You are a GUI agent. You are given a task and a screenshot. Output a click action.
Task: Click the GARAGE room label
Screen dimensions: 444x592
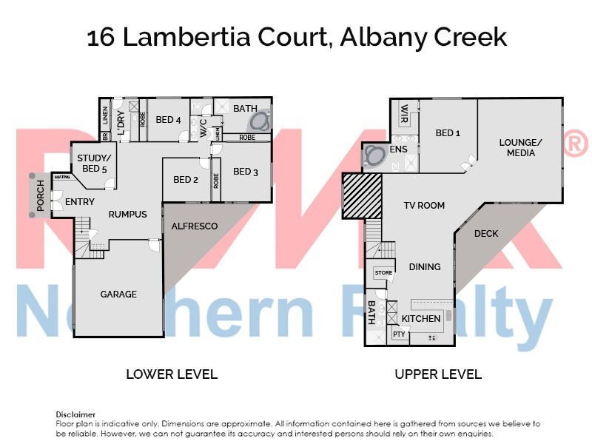[118, 295]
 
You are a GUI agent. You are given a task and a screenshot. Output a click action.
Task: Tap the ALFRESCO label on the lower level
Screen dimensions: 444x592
[194, 226]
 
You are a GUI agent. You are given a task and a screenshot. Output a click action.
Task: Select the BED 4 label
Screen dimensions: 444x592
[169, 120]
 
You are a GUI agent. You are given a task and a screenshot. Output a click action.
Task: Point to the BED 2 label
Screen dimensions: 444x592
[186, 179]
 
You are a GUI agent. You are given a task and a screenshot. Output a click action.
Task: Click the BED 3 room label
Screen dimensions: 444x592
[246, 172]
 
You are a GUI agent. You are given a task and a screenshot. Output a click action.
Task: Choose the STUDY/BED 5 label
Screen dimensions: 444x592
[94, 163]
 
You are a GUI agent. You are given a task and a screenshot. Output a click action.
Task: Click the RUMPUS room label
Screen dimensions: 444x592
[127, 215]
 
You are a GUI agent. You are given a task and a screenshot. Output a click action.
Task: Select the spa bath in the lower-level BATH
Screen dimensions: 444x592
[259, 122]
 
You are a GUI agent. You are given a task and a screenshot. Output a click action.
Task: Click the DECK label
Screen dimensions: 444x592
[486, 234]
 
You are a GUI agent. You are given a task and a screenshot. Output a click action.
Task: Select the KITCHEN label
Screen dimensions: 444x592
[421, 319]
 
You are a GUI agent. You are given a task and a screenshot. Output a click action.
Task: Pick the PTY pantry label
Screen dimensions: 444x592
[399, 334]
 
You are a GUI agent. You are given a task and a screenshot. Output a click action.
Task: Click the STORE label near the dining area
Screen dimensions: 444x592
[383, 273]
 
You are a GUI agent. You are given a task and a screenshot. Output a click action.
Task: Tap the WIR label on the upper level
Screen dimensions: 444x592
[404, 112]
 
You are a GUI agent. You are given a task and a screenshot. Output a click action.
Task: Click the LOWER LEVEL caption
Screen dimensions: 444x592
[172, 374]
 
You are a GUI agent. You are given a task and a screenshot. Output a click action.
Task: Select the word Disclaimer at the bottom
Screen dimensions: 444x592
[75, 414]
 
